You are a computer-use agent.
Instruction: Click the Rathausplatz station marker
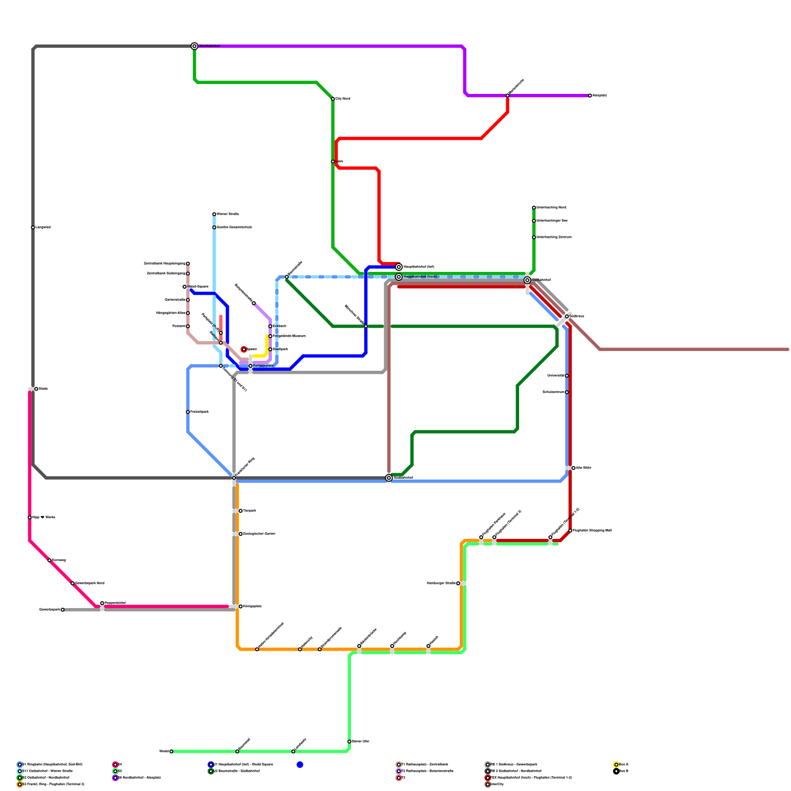coord(251,366)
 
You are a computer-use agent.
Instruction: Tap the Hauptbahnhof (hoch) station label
coord(420,277)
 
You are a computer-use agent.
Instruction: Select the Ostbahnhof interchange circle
coord(527,280)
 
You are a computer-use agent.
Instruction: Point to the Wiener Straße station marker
coord(214,214)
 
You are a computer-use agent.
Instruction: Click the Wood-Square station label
coord(198,287)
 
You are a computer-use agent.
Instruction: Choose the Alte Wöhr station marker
coord(573,468)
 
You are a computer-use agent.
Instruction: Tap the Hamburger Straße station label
coord(441,583)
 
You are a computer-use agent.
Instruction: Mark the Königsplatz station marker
coord(241,606)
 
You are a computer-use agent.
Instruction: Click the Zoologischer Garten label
coord(259,534)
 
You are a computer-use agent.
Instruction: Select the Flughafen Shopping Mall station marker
coord(570,530)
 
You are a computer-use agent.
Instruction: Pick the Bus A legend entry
coord(623,764)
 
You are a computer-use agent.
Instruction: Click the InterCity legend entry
coord(497,784)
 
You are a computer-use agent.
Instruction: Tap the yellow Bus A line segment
coord(267,346)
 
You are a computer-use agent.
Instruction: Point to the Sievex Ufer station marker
coord(350,742)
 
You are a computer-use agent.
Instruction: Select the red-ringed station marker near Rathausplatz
coord(244,350)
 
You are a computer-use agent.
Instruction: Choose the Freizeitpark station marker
coord(188,412)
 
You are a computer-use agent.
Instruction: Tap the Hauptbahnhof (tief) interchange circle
coord(399,267)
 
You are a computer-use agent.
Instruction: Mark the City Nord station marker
coord(333,99)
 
